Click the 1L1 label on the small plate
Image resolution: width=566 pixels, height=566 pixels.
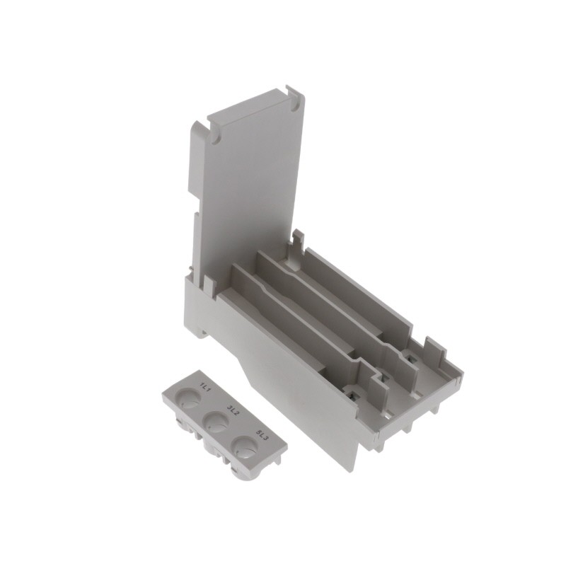[x=207, y=387]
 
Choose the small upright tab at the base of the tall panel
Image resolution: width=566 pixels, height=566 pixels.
[x=210, y=284]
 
